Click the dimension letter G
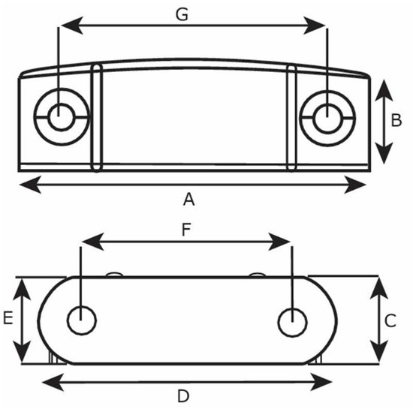[x=182, y=14]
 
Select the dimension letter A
[x=188, y=199]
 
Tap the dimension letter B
[x=396, y=120]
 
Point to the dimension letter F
[x=186, y=230]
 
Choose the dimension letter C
[x=390, y=320]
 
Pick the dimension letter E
[x=8, y=317]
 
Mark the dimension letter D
[x=183, y=396]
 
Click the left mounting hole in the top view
[x=62, y=117]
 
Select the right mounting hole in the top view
[x=327, y=118]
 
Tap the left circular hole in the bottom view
[x=82, y=320]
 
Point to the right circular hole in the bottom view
[x=292, y=322]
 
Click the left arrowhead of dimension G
[x=71, y=26]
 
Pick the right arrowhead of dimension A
[x=355, y=185]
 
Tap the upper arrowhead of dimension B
[x=384, y=90]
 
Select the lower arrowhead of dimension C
[x=378, y=350]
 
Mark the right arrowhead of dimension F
[x=279, y=242]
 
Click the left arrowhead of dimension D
[x=53, y=382]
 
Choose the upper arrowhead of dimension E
[x=22, y=290]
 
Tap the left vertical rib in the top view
[x=97, y=118]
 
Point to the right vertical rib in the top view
[x=291, y=118]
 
